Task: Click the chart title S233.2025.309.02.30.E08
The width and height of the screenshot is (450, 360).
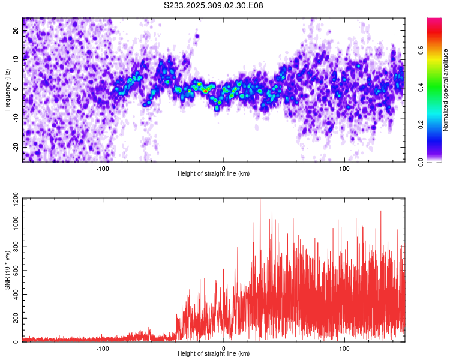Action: pyautogui.click(x=214, y=5)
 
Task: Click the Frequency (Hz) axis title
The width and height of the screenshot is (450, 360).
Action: pyautogui.click(x=7, y=90)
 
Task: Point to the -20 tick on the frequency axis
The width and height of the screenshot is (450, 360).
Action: pyautogui.click(x=16, y=147)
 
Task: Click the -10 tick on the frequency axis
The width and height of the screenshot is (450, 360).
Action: pyautogui.click(x=16, y=118)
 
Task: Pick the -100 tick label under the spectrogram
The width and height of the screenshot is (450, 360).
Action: pyautogui.click(x=103, y=167)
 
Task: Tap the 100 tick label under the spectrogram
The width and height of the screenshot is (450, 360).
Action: pyautogui.click(x=344, y=167)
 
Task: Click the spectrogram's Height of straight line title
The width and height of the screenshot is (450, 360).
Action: pyautogui.click(x=214, y=173)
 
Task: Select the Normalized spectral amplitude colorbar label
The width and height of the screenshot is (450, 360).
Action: pyautogui.click(x=446, y=90)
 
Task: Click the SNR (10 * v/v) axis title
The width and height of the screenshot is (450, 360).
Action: pyautogui.click(x=7, y=270)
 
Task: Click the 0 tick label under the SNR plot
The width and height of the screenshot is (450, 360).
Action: pyautogui.click(x=224, y=347)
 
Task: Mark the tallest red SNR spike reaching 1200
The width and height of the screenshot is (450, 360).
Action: pyautogui.click(x=260, y=201)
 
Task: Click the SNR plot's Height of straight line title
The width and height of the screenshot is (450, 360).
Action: pyautogui.click(x=214, y=353)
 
